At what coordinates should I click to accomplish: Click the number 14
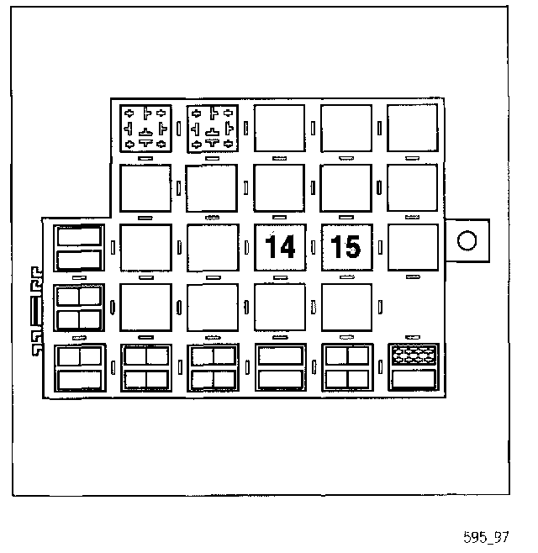point(279,248)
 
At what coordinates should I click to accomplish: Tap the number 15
point(346,248)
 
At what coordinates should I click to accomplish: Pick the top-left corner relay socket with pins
point(145,129)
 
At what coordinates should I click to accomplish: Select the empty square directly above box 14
point(279,188)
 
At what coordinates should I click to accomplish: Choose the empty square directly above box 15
point(346,188)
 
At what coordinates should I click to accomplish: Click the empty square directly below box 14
point(279,308)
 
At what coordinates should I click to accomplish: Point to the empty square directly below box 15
point(346,308)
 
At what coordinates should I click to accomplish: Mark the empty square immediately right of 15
point(413,248)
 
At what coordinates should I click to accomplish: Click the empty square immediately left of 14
point(213,248)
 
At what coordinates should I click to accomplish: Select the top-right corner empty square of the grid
point(413,129)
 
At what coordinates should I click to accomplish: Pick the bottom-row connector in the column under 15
point(346,368)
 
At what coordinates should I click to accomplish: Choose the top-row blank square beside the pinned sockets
point(279,129)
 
